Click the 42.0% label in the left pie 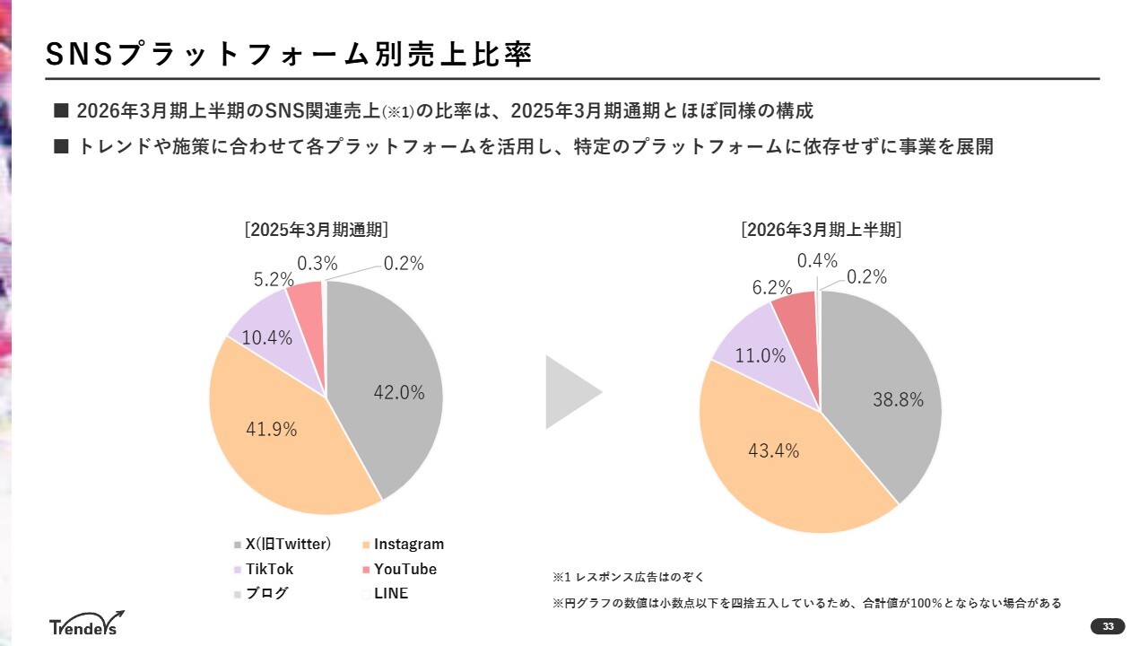pyautogui.click(x=399, y=392)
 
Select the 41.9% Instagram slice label pyautogui.click(x=271, y=429)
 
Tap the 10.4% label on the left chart pyautogui.click(x=267, y=338)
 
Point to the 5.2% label pyautogui.click(x=274, y=279)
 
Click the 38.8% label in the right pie pyautogui.click(x=898, y=400)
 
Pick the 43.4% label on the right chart pyautogui.click(x=773, y=450)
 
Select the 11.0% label pyautogui.click(x=761, y=355)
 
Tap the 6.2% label pyautogui.click(x=772, y=288)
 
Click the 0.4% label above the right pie pyautogui.click(x=817, y=260)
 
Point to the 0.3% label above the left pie pyautogui.click(x=317, y=263)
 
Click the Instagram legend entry pyautogui.click(x=408, y=544)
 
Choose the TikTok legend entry pyautogui.click(x=269, y=569)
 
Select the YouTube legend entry pyautogui.click(x=404, y=569)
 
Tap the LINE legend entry pyautogui.click(x=390, y=593)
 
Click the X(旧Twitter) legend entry pyautogui.click(x=288, y=544)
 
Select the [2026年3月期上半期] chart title pyautogui.click(x=821, y=230)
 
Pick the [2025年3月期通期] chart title pyautogui.click(x=317, y=230)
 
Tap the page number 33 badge pyautogui.click(x=1108, y=626)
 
